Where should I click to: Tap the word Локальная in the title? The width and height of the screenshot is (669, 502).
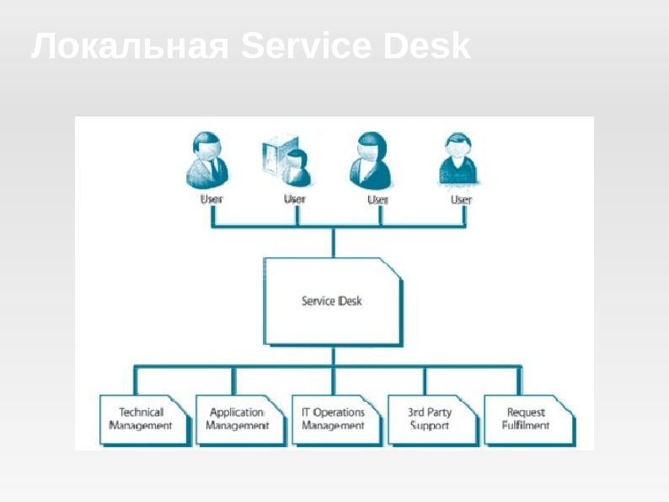[x=130, y=46]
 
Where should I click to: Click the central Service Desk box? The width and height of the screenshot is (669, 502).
[x=332, y=301]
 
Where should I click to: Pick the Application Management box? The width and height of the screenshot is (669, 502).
[x=237, y=419]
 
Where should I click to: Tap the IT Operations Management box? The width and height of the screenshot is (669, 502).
[x=333, y=419]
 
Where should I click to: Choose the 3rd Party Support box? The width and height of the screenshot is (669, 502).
[x=429, y=419]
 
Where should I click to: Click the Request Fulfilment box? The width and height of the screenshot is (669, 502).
[x=526, y=419]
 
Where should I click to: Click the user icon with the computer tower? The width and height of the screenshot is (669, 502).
[x=286, y=160]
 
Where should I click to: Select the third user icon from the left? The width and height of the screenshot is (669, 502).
[x=372, y=160]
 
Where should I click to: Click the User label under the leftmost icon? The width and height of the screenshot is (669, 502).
[x=211, y=199]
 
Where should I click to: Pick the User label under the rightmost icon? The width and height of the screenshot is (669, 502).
[x=461, y=200]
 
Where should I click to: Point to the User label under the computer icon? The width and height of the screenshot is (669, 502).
[x=295, y=199]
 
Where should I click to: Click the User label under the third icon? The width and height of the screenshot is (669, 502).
[x=378, y=200]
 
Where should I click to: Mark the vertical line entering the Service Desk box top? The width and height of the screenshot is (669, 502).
[x=333, y=242]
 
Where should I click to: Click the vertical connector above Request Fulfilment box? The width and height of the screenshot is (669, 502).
[x=521, y=380]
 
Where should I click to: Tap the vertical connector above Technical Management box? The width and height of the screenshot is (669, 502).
[x=135, y=380]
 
